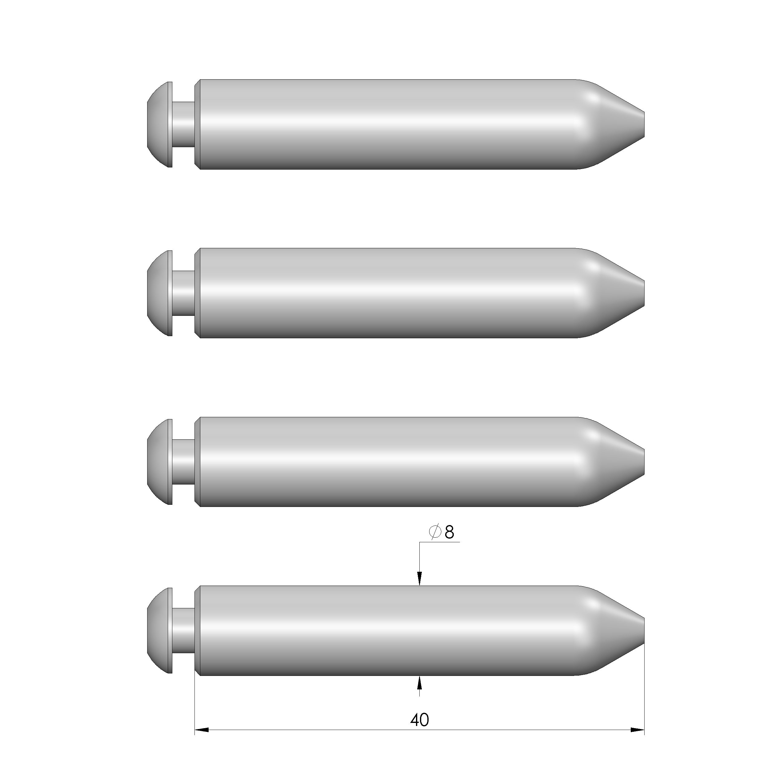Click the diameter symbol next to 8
(x=435, y=532)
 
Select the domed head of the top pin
(x=159, y=124)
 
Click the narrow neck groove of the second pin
(x=183, y=293)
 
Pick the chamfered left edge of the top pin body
(x=197, y=124)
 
